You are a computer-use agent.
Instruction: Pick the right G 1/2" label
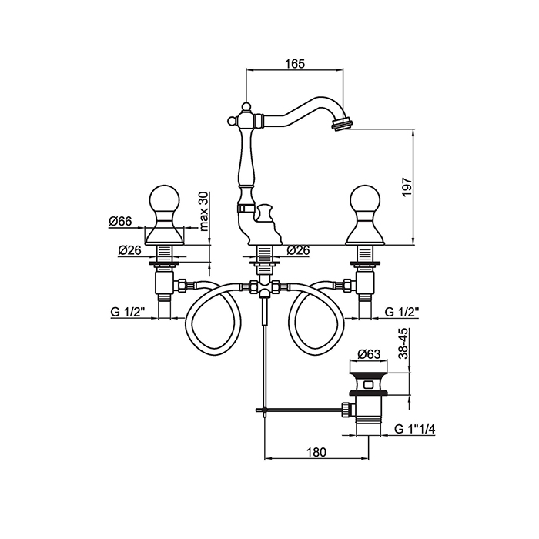coord(401,313)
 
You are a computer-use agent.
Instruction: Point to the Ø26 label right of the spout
coord(298,250)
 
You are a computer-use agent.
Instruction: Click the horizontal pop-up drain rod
coord(300,407)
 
